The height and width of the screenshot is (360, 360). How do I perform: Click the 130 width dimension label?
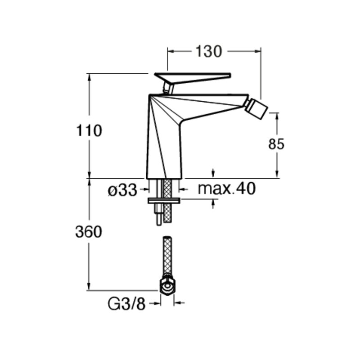tap(208, 51)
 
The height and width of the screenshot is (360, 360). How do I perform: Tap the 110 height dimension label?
tap(89, 130)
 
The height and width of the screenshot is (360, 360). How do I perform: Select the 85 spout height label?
tap(276, 144)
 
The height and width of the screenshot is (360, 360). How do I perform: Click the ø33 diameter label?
tap(122, 190)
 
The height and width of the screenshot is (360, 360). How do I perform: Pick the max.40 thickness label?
tap(227, 189)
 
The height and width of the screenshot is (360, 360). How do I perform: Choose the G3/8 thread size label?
tap(126, 304)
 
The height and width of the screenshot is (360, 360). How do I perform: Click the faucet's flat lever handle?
tap(193, 78)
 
